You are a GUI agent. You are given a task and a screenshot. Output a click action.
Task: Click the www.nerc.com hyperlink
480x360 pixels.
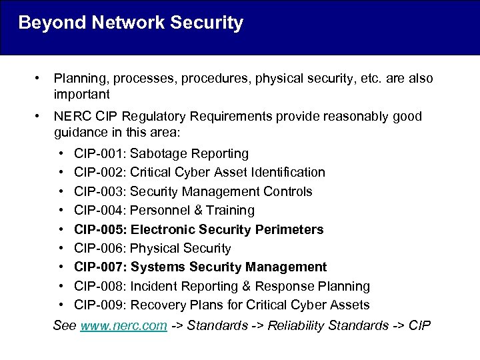[123, 326]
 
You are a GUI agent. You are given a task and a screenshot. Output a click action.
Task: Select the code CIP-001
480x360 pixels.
[99, 153]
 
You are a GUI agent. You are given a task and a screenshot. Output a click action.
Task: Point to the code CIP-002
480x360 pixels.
[99, 173]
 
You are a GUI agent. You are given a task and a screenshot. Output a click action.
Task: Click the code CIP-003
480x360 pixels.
[99, 191]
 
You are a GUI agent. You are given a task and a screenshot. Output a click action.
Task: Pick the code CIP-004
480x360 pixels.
[99, 211]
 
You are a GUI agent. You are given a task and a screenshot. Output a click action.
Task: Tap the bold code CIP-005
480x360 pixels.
[99, 229]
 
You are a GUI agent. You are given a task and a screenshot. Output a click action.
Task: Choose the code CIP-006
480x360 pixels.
[99, 249]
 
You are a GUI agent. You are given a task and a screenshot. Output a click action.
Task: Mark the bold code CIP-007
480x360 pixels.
[99, 267]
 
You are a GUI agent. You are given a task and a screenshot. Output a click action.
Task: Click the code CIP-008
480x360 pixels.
[99, 287]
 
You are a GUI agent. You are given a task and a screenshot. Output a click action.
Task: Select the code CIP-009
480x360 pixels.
[99, 305]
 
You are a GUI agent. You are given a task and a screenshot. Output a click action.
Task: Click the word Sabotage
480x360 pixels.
[158, 153]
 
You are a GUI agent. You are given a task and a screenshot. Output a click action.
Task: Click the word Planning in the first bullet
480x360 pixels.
[79, 79]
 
